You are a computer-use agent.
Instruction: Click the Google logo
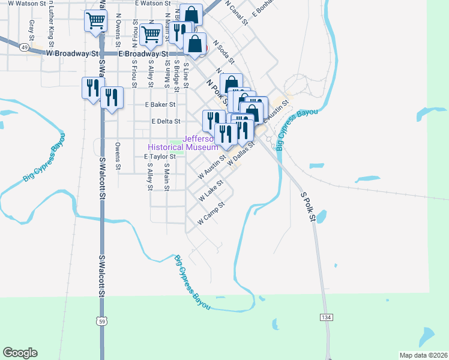pos(20,353)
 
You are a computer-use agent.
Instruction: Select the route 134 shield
pos(326,317)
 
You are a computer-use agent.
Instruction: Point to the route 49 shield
pos(24,46)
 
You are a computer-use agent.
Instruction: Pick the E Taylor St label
pos(158,157)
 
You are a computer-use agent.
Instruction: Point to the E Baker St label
pos(160,104)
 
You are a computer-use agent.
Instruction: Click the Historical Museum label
pos(183,147)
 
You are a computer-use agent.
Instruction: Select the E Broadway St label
pos(146,54)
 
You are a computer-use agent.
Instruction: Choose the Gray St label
pos(31,26)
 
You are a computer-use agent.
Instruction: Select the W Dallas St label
pos(241,151)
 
